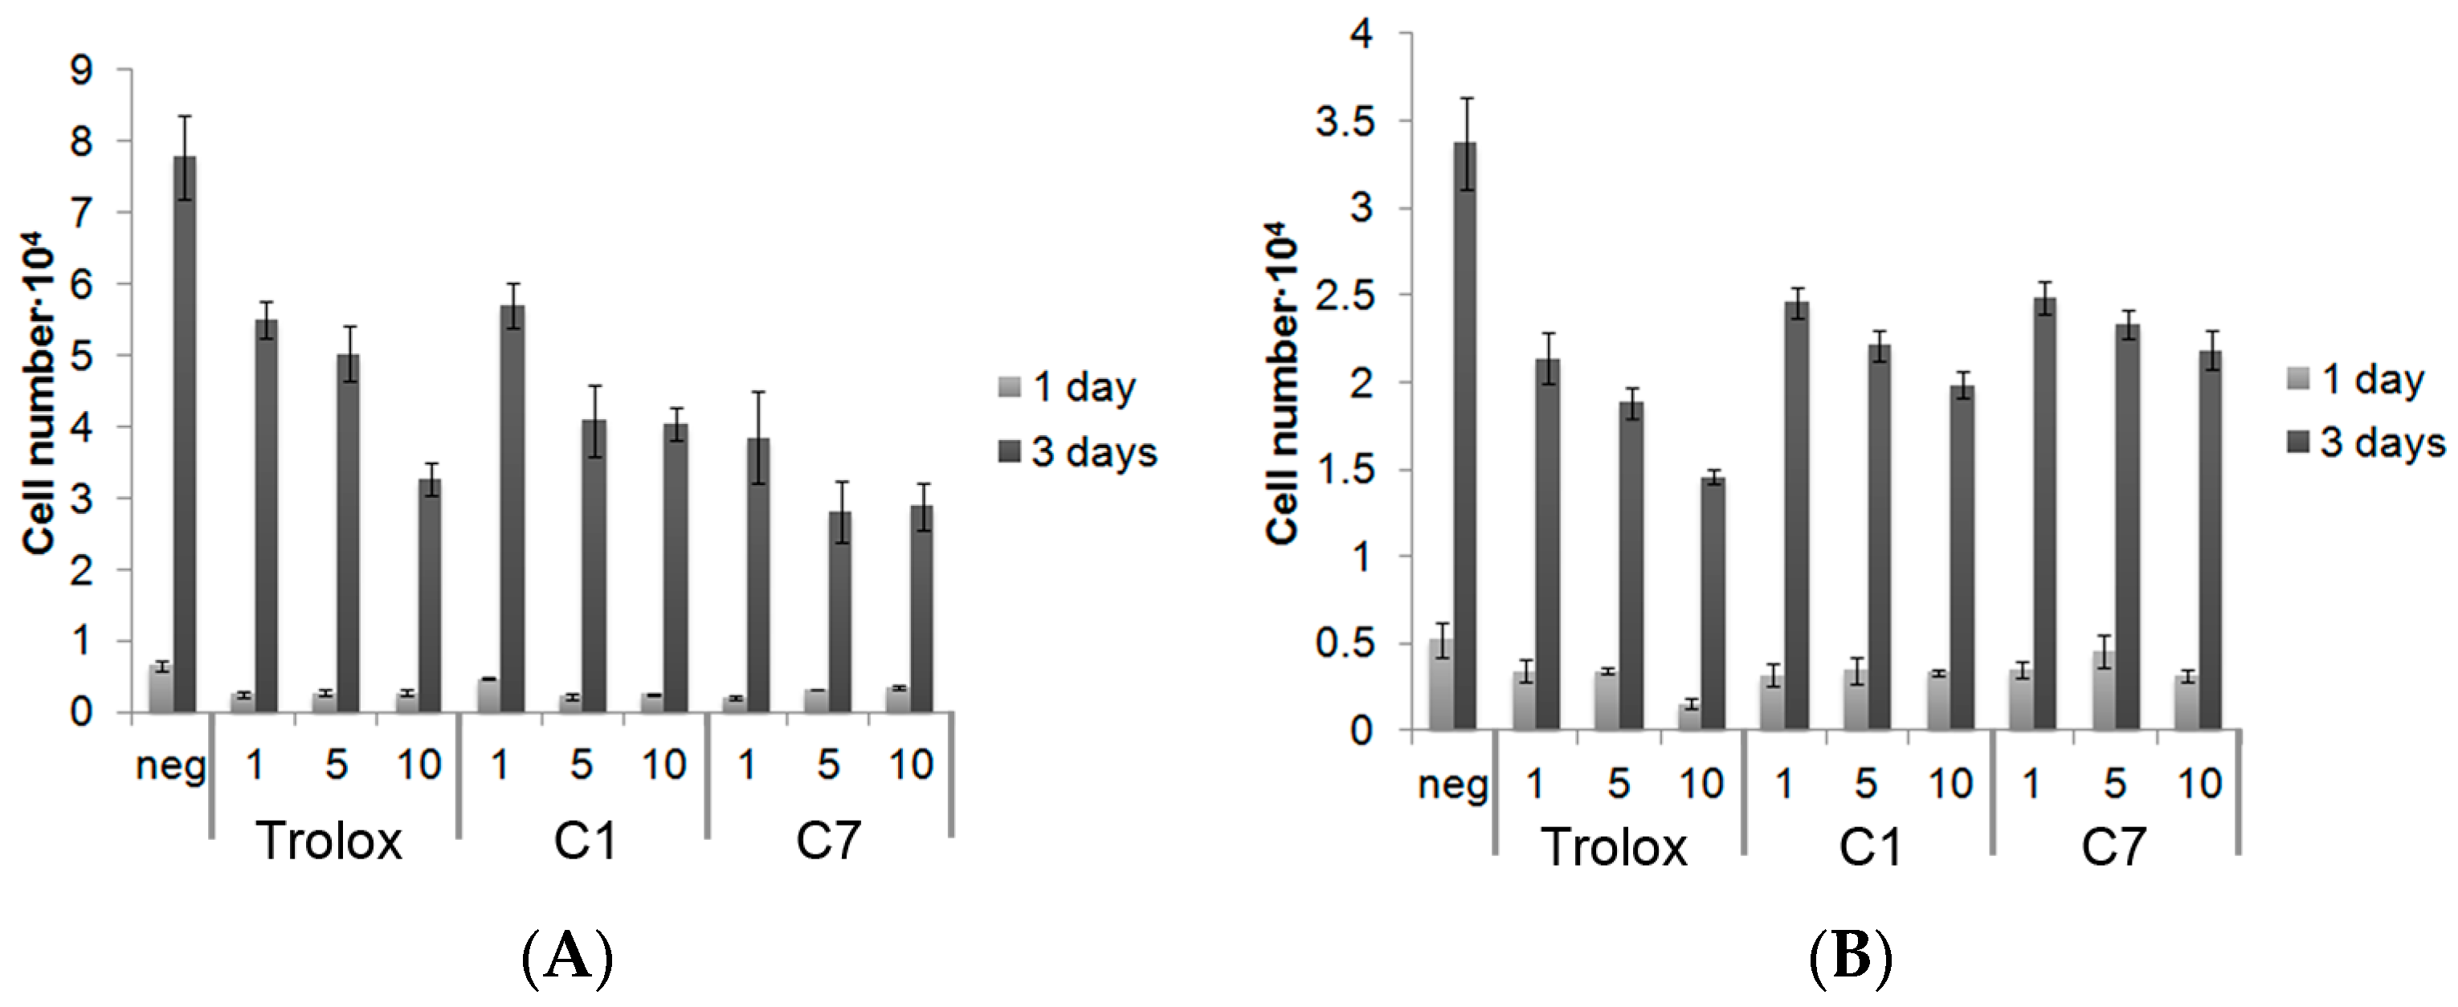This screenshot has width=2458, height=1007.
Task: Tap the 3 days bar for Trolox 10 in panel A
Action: (431, 595)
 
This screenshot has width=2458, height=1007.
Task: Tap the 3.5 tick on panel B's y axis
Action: (1344, 122)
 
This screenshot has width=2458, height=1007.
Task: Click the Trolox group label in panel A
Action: (330, 841)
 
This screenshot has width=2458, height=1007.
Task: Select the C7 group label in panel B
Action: (2113, 846)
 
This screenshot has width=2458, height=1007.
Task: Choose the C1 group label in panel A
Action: (584, 841)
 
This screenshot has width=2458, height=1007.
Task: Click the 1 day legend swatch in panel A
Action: (1010, 387)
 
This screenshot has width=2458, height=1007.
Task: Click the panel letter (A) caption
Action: (568, 956)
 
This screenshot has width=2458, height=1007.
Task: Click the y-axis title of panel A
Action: (40, 401)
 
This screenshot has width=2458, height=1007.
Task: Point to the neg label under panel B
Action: (1452, 785)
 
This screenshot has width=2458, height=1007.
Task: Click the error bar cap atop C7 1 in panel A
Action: (758, 392)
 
